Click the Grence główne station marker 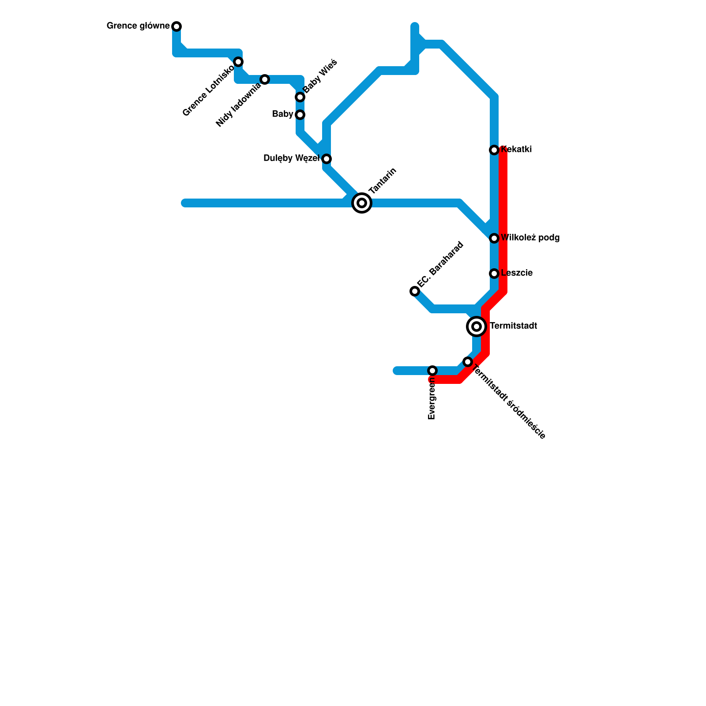[176, 26]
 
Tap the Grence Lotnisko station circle [238, 61]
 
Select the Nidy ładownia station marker [265, 79]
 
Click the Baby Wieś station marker [300, 97]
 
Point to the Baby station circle [300, 115]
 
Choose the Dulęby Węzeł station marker [327, 159]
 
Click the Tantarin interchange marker [362, 203]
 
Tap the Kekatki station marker [494, 150]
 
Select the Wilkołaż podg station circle [494, 238]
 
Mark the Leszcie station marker [494, 274]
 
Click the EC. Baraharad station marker [415, 291]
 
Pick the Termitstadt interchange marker [477, 327]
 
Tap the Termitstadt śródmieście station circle [468, 362]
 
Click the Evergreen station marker [432, 371]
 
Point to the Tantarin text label [383, 181]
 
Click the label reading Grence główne [138, 26]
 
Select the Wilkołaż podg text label [530, 238]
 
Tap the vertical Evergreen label [432, 399]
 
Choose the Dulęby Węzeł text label [291, 158]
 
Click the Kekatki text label [517, 150]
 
